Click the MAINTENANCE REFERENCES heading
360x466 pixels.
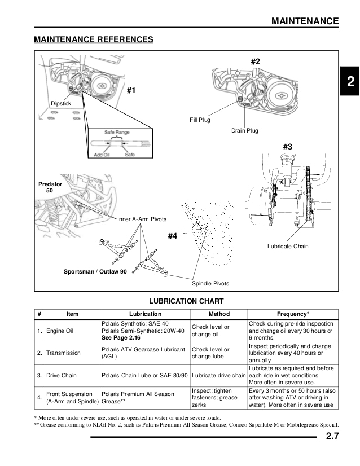(x=93, y=39)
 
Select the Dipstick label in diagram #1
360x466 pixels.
(x=60, y=104)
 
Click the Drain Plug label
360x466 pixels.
(x=244, y=131)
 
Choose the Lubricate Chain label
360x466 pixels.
(x=288, y=247)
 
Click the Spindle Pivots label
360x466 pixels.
(x=210, y=283)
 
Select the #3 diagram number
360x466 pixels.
(x=287, y=147)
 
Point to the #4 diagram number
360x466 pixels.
(x=173, y=236)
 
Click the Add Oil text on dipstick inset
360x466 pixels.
(x=101, y=154)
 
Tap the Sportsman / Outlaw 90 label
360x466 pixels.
(x=95, y=272)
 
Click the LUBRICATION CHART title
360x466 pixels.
(x=186, y=301)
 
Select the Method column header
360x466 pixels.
(x=219, y=314)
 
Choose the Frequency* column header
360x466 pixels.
(x=293, y=314)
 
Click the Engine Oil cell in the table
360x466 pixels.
(x=60, y=331)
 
